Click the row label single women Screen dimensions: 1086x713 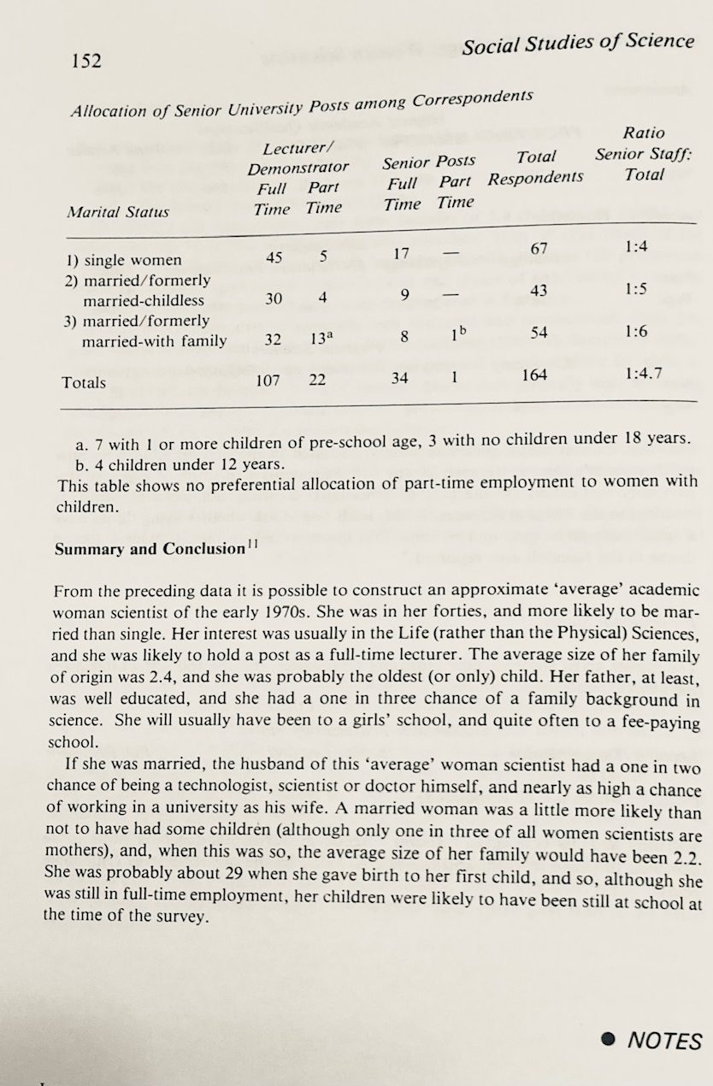pyautogui.click(x=132, y=261)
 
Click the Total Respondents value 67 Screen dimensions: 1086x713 pyautogui.click(x=537, y=249)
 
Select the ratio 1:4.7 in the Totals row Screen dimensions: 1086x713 pyautogui.click(x=645, y=373)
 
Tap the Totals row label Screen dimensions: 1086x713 pyautogui.click(x=84, y=382)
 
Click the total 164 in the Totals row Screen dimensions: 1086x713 pyautogui.click(x=534, y=375)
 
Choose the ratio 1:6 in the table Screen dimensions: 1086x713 pyautogui.click(x=635, y=331)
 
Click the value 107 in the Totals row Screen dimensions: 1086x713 pyautogui.click(x=268, y=380)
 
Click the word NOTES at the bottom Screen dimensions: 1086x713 pyautogui.click(x=664, y=1041)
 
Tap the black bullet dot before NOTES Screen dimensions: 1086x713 pyautogui.click(x=608, y=1039)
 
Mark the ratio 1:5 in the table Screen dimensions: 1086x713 pyautogui.click(x=636, y=288)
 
